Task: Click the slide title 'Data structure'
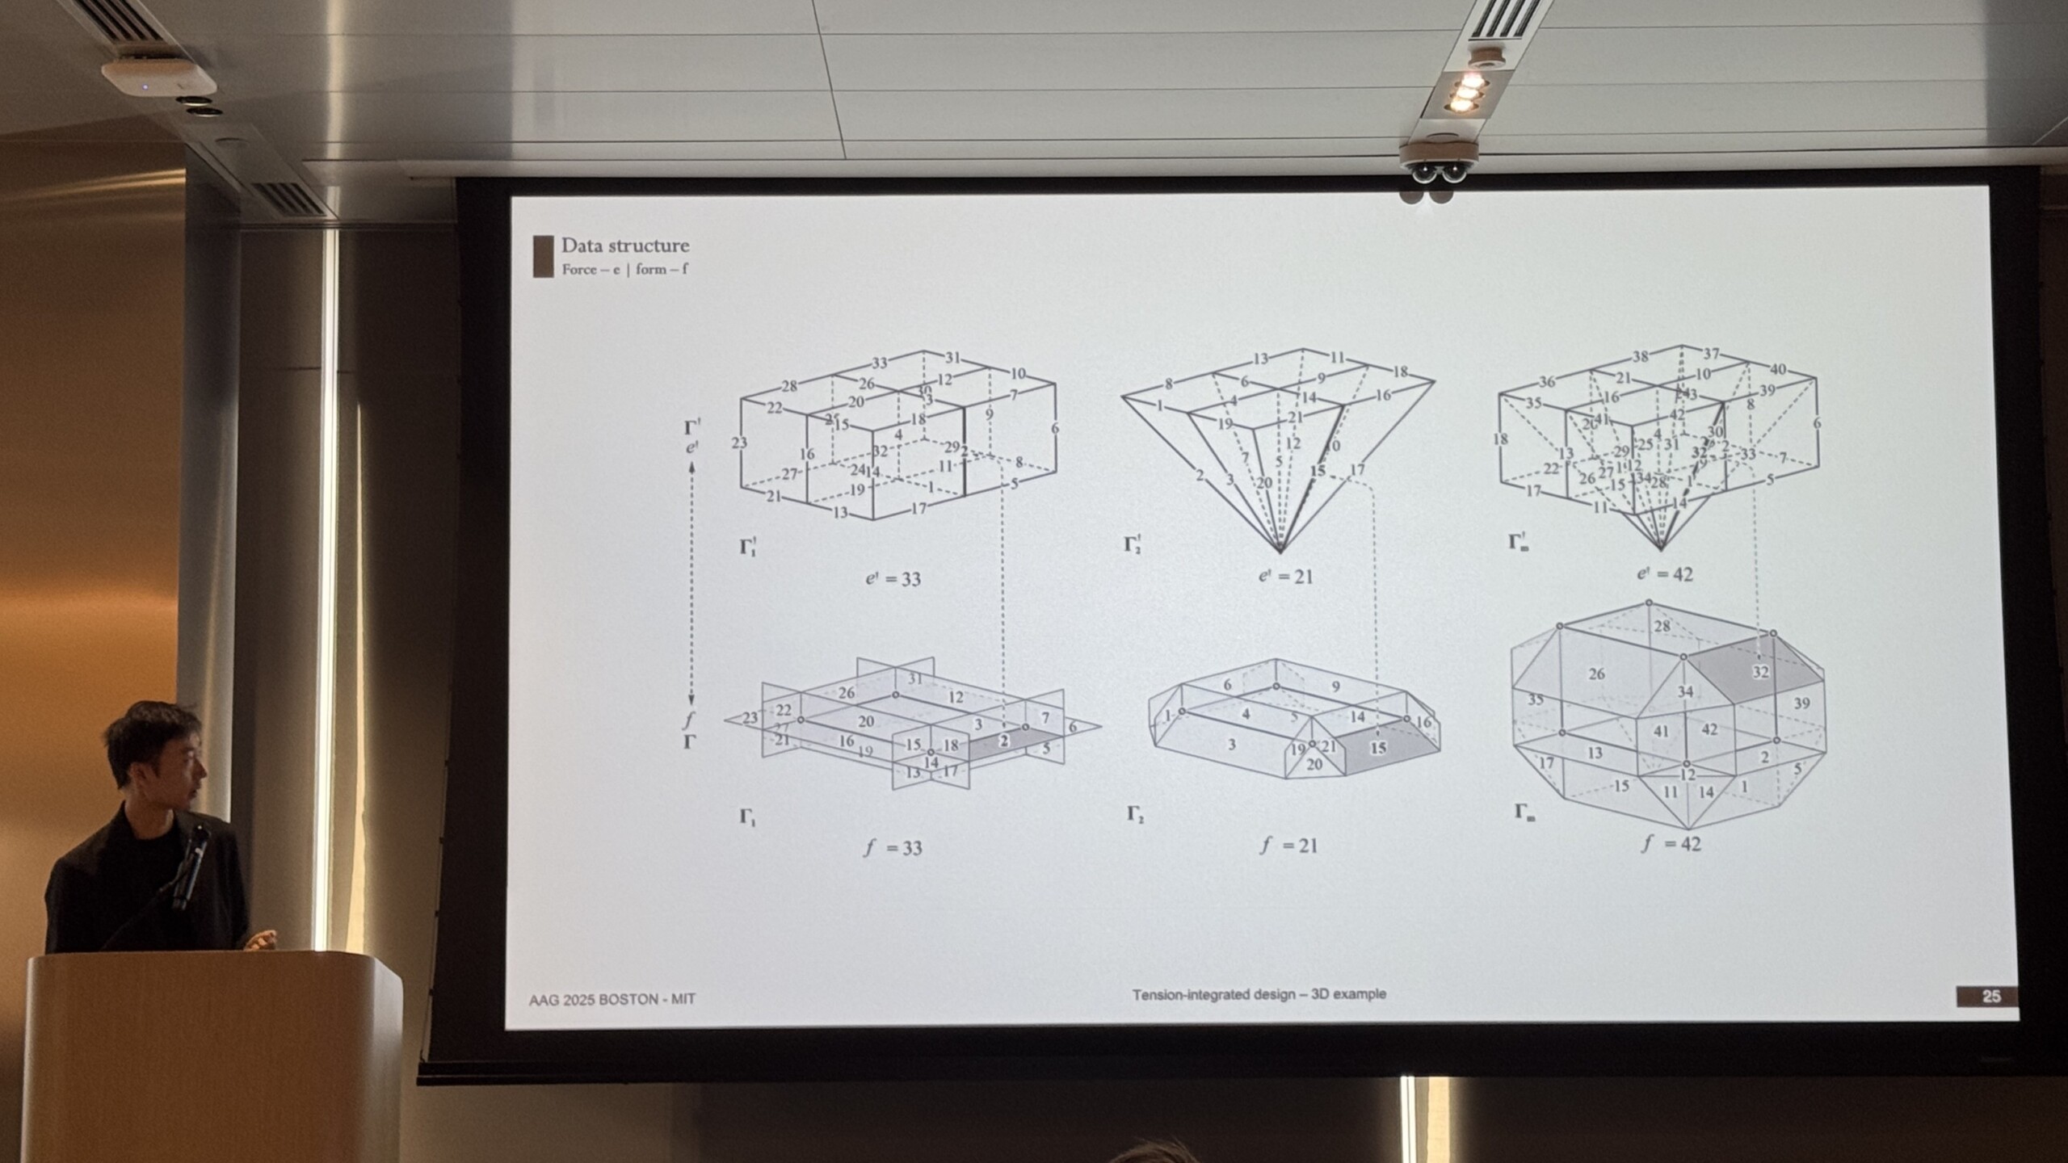pos(625,246)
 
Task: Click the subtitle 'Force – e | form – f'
pos(624,269)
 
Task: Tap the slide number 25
pos(1991,996)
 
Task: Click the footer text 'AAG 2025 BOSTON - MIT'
pos(612,999)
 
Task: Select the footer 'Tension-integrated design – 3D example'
pos(1259,993)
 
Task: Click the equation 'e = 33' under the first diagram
pos(892,578)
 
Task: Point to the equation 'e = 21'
pos(1285,577)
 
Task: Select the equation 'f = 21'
pos(1288,846)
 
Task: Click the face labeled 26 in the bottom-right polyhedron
pos(1596,674)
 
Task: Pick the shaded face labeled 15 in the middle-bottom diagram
pos(1378,748)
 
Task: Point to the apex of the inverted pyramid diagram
pos(1280,551)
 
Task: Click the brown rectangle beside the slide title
pos(543,256)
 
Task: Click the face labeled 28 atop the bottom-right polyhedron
pos(1662,626)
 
